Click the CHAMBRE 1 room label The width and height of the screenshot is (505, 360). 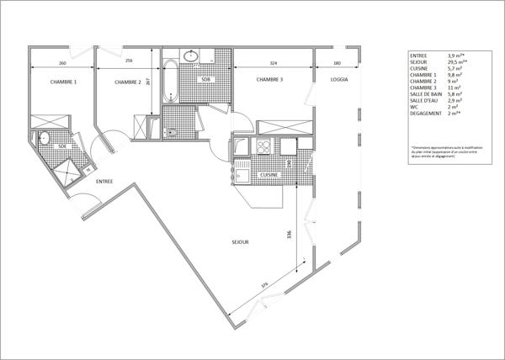point(63,82)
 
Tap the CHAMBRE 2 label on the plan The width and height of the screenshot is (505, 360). point(127,82)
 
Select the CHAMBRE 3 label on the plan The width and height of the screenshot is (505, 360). point(269,79)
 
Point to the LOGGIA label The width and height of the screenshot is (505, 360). point(339,79)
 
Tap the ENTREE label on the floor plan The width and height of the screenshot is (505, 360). point(104,181)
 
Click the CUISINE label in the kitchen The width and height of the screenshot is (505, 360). point(269,173)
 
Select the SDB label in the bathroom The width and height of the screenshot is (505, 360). point(205,79)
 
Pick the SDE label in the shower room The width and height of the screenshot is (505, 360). point(61,146)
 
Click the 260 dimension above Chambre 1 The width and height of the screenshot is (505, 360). point(62,62)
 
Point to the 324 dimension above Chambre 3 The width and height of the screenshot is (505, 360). point(274,62)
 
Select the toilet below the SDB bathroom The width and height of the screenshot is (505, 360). point(172,130)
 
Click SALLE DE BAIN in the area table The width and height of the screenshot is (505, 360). point(428,93)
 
